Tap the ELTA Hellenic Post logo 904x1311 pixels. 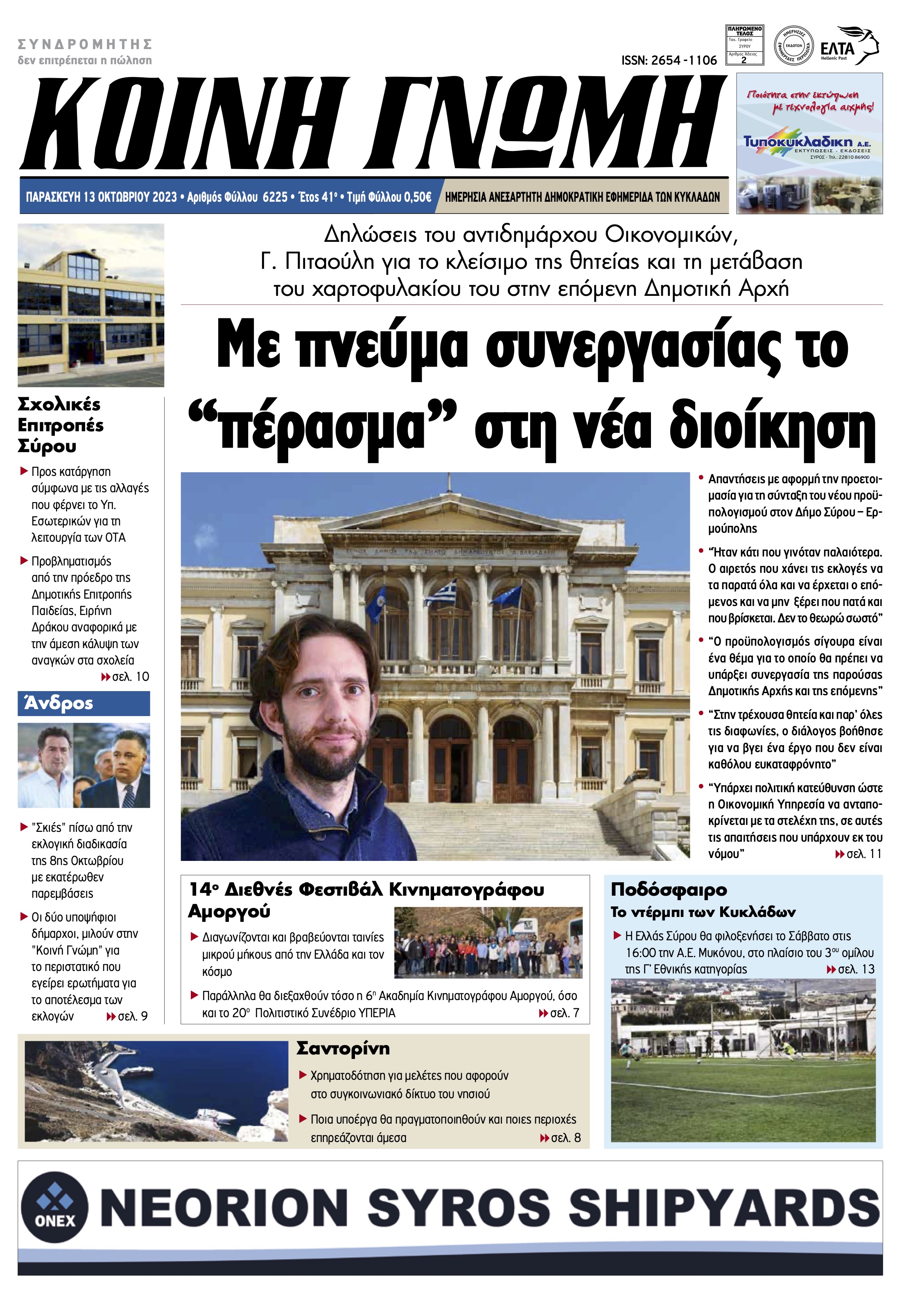850,46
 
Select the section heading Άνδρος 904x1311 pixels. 59,704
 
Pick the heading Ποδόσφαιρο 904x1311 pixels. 668,889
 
